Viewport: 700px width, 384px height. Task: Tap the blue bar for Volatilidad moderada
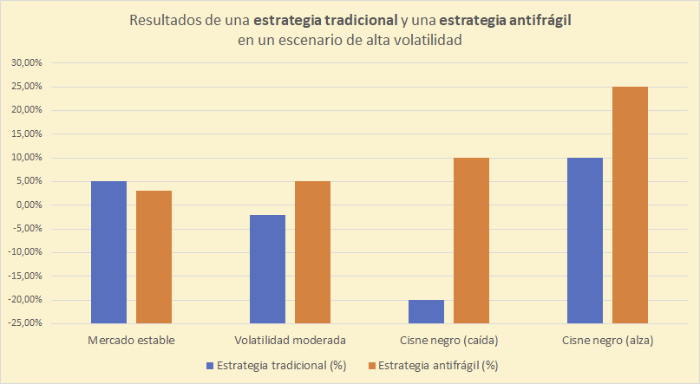[267, 269]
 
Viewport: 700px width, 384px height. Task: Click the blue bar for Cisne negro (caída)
[426, 311]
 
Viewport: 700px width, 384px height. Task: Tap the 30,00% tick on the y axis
[25, 63]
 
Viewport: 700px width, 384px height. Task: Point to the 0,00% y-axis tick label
[27, 205]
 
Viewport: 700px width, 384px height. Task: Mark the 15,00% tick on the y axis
[25, 134]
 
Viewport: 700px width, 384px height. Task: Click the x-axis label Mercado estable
[131, 339]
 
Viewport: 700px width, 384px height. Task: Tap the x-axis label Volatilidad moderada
[290, 339]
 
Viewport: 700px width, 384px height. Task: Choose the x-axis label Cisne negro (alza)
[607, 339]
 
